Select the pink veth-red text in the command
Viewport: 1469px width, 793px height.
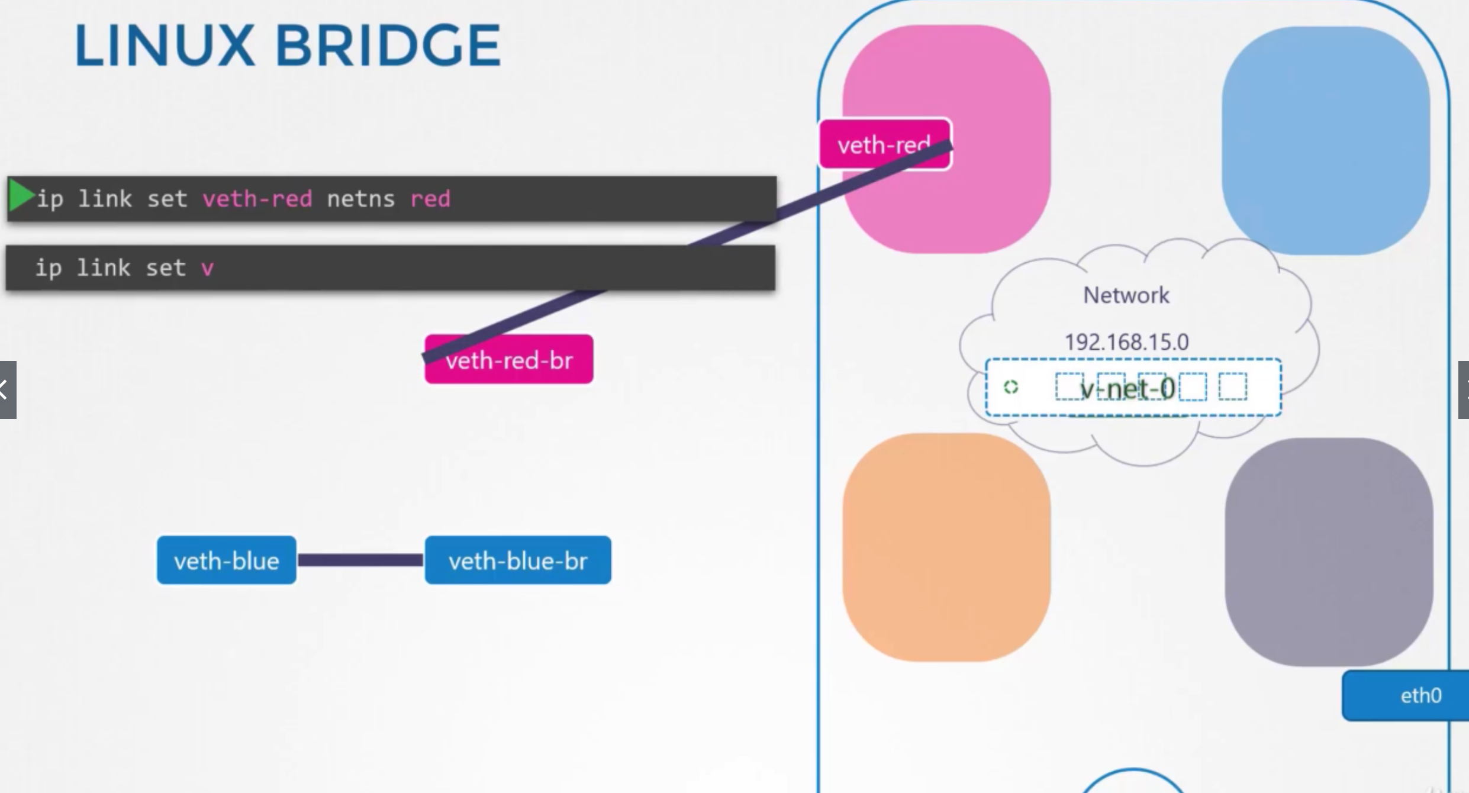(257, 199)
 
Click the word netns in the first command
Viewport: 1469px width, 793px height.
(360, 199)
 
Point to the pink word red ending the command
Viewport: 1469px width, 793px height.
(430, 199)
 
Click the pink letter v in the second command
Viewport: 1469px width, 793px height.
(207, 269)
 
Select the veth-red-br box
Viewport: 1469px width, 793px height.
(509, 360)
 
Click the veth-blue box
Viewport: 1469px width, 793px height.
(226, 560)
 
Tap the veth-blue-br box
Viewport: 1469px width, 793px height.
(518, 560)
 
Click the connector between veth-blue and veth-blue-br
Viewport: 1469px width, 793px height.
(360, 560)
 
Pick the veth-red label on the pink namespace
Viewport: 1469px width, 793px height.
(876, 144)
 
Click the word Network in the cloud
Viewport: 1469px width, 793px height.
(1126, 295)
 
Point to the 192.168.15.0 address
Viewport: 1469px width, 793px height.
(1126, 342)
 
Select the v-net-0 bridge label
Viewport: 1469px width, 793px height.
(1127, 389)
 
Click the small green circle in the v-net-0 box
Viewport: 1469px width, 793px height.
(1011, 387)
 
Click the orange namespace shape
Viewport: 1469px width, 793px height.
(946, 547)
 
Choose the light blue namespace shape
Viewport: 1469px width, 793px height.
(1326, 140)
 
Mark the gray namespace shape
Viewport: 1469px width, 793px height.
(1329, 552)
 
